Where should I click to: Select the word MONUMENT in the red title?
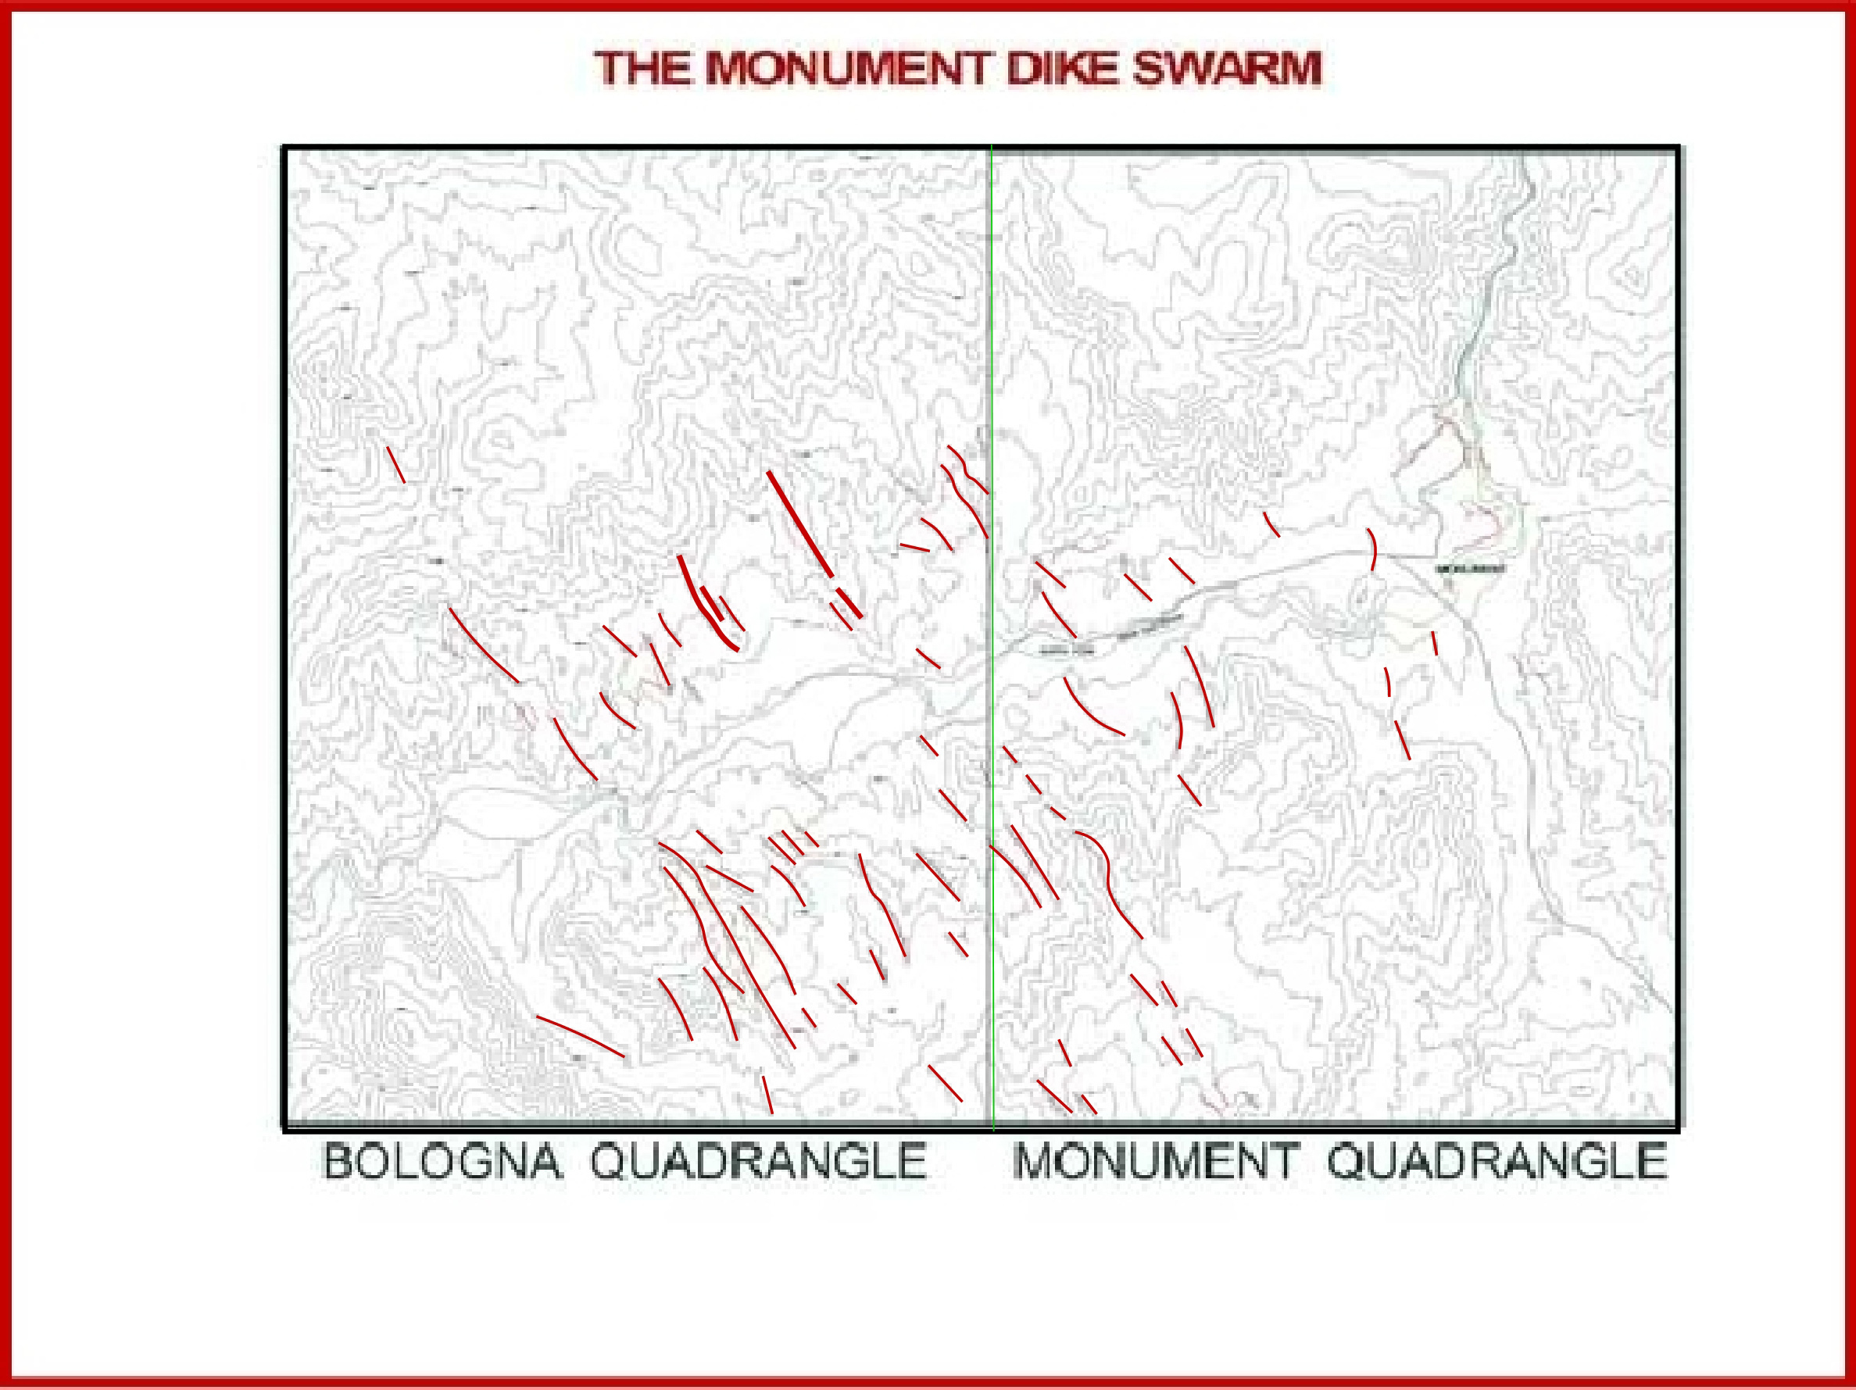coord(852,69)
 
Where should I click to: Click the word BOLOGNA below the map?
coord(442,1163)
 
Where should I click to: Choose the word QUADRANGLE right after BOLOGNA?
coord(759,1163)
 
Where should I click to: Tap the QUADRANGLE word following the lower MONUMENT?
coord(1497,1163)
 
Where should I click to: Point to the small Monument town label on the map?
coord(1469,570)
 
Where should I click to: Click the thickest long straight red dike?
coord(799,523)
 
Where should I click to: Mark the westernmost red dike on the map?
coord(396,464)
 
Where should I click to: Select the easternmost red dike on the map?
coord(1435,643)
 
